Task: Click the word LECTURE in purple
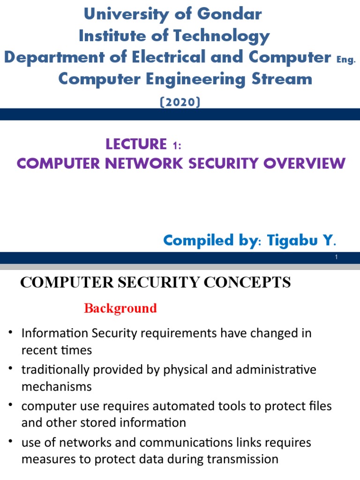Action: click(136, 144)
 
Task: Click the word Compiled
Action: click(198, 240)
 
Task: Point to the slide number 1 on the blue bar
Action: click(337, 257)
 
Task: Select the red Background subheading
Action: click(120, 308)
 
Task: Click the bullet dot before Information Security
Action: click(11, 333)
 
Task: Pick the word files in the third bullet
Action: click(320, 406)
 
